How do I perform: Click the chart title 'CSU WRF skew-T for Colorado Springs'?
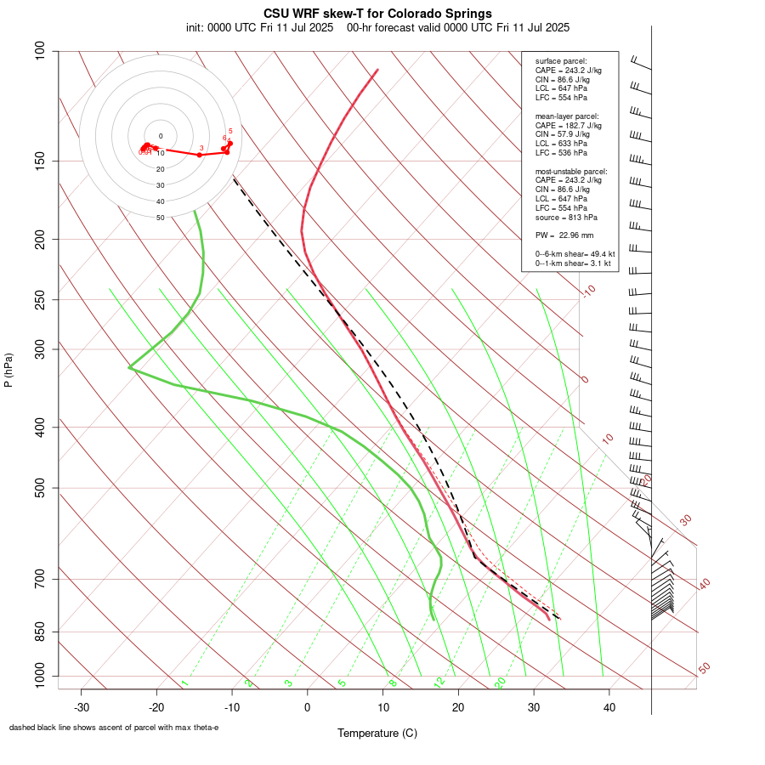(377, 14)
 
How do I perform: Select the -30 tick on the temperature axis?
(82, 707)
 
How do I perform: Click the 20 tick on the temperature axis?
(458, 707)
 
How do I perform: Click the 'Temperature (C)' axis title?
(377, 733)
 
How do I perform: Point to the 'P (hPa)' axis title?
(8, 371)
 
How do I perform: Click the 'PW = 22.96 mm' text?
(564, 235)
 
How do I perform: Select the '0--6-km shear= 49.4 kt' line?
(575, 253)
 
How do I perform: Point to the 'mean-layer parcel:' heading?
(567, 116)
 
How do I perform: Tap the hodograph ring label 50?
(161, 218)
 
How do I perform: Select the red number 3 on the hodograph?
(201, 148)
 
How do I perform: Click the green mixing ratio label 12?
(439, 683)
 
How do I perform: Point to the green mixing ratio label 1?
(184, 683)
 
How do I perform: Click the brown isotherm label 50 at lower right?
(704, 669)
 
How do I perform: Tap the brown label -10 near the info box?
(588, 292)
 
